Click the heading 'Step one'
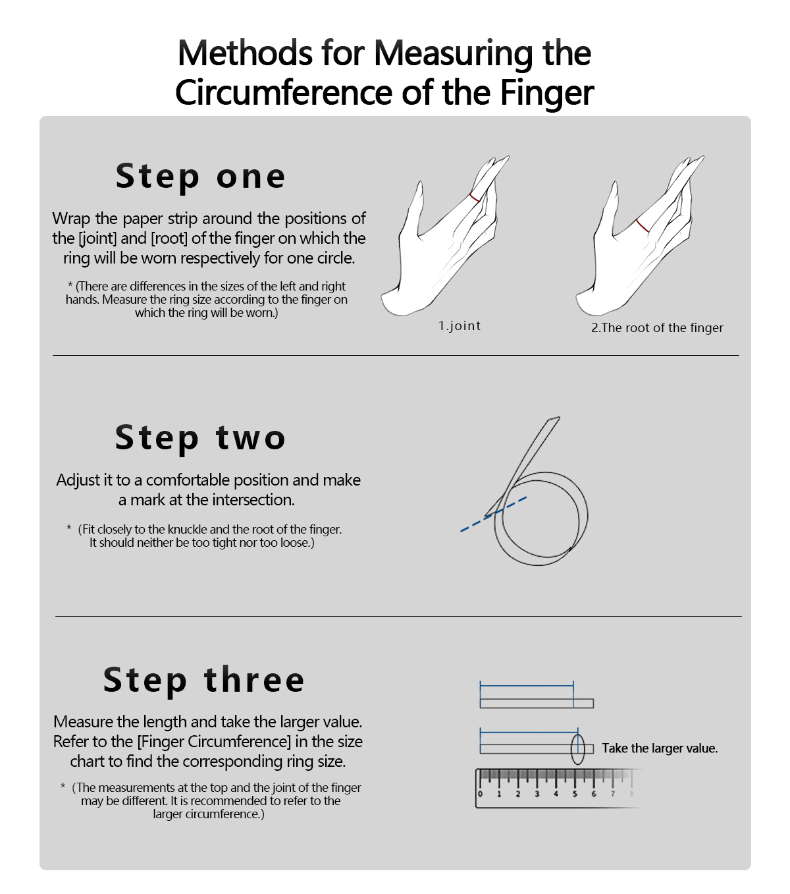[201, 177]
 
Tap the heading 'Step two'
[201, 437]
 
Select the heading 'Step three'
[204, 680]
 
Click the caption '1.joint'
[459, 326]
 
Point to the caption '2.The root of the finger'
[657, 328]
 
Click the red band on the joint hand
[475, 198]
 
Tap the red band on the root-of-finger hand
[643, 226]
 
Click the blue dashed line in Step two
[494, 514]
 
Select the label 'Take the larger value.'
[660, 748]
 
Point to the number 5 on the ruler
[575, 794]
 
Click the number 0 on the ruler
[480, 794]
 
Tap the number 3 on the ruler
[537, 794]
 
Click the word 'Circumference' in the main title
[283, 93]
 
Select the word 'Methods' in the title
[246, 53]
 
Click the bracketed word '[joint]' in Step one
[97, 238]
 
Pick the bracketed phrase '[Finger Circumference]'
[214, 742]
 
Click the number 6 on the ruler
[594, 794]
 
